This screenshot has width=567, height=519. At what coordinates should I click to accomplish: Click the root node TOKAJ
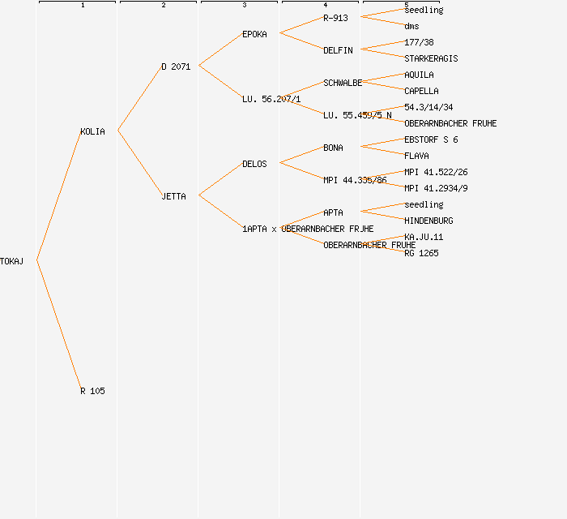tap(12, 261)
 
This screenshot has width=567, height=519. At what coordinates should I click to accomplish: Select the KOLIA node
tap(92, 131)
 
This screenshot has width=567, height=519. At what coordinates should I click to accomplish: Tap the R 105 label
tap(92, 391)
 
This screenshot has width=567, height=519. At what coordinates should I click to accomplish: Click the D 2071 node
tap(176, 66)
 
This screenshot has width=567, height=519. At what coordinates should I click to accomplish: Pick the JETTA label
tap(173, 196)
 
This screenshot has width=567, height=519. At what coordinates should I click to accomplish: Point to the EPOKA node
tap(254, 34)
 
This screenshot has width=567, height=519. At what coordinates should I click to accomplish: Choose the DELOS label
tap(254, 164)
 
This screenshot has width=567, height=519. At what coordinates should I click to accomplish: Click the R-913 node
tap(335, 18)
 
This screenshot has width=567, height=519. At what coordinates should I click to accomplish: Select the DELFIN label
tap(338, 50)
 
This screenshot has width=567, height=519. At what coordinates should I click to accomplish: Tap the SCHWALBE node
tap(343, 83)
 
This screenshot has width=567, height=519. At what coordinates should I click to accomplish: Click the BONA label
tap(333, 148)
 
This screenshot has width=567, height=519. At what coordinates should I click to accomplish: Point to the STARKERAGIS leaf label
tap(431, 58)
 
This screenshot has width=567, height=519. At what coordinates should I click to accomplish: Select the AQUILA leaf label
tap(419, 75)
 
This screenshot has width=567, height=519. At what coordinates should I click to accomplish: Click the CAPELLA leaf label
tap(421, 91)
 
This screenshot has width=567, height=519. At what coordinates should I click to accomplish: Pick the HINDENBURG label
tap(428, 221)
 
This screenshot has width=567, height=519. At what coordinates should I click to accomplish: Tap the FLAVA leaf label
tap(416, 156)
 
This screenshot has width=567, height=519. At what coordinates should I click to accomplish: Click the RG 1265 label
tap(421, 253)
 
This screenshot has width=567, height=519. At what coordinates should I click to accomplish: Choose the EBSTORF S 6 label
tap(431, 139)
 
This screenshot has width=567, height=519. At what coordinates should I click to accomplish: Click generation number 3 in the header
tap(244, 6)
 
